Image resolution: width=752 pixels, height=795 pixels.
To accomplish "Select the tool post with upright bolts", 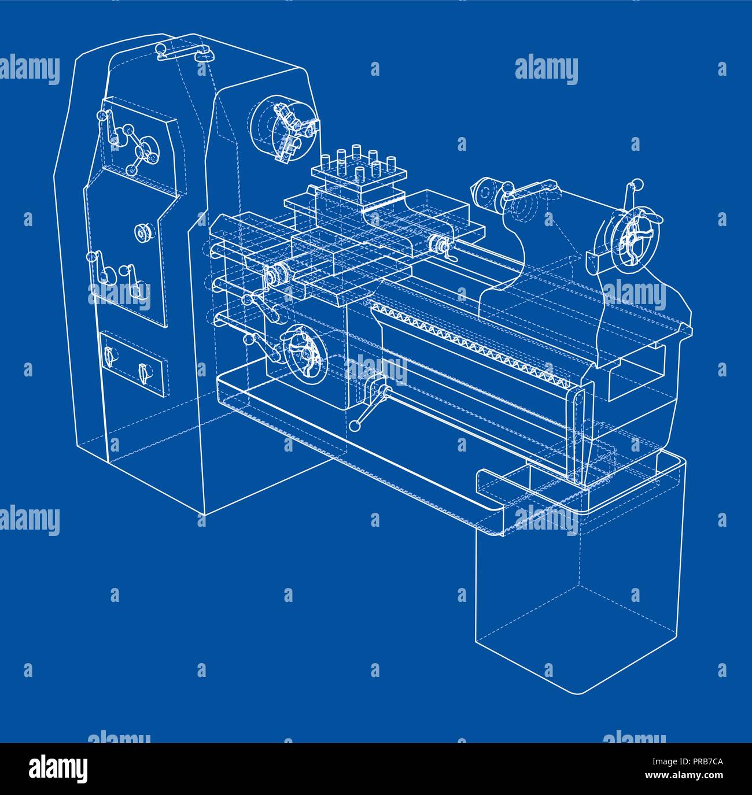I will tap(359, 173).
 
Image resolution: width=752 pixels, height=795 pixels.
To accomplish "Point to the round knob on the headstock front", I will tap(143, 233).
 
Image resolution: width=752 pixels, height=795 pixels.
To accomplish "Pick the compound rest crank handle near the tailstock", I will tap(441, 245).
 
